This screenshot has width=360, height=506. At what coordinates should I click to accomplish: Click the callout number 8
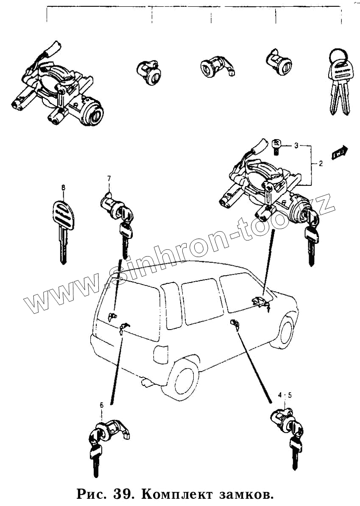[64, 187]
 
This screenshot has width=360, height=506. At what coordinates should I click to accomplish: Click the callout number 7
[109, 178]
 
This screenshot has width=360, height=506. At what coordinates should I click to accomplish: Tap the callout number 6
[101, 405]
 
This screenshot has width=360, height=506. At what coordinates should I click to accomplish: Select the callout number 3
[296, 145]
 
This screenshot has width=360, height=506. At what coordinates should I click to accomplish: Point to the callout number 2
[321, 163]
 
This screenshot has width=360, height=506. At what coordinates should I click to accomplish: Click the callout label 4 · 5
[285, 395]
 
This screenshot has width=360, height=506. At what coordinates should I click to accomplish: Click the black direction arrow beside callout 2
[340, 152]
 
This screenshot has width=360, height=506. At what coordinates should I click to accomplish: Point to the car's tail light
[160, 354]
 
